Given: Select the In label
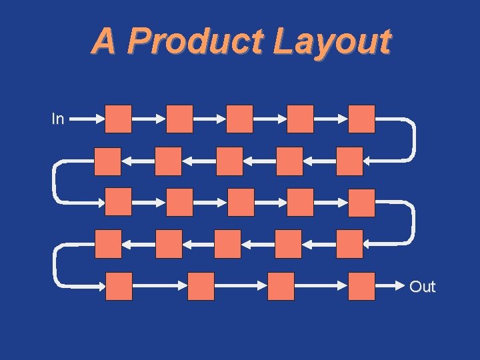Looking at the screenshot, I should pyautogui.click(x=58, y=119).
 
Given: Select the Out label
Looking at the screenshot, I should pyautogui.click(x=422, y=287).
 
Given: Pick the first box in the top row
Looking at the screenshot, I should pyautogui.click(x=119, y=119).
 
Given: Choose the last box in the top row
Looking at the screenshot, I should pyautogui.click(x=362, y=119).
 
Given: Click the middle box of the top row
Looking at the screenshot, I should pyautogui.click(x=240, y=119).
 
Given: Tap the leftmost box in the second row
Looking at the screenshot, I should pyautogui.click(x=108, y=161).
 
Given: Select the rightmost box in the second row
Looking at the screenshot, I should pyautogui.click(x=350, y=161).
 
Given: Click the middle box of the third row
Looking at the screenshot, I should pyautogui.click(x=240, y=203).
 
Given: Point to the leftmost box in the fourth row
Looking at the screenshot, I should pyautogui.click(x=108, y=244).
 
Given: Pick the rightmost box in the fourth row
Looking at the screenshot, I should pyautogui.click(x=350, y=244).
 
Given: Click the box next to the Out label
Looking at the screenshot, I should pyautogui.click(x=362, y=286).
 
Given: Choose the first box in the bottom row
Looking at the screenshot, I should pyautogui.click(x=119, y=286).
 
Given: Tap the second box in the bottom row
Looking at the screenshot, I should pyautogui.click(x=201, y=286).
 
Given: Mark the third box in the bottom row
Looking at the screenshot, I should pyautogui.click(x=281, y=286).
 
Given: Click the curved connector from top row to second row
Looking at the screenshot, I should pyautogui.click(x=413, y=140).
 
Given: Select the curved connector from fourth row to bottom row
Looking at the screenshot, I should pyautogui.click(x=55, y=265).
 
